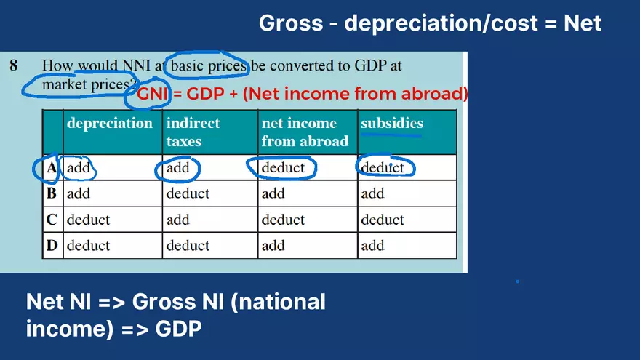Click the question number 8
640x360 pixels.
(x=14, y=65)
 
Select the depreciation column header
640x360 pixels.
(x=110, y=123)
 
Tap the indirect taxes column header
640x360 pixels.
(x=193, y=132)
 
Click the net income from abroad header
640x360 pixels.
(x=305, y=132)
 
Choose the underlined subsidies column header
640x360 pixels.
(x=391, y=123)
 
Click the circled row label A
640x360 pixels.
(x=51, y=168)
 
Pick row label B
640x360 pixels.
(x=52, y=193)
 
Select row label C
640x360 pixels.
(x=52, y=220)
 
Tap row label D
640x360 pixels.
(x=52, y=246)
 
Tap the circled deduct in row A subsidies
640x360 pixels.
(x=383, y=168)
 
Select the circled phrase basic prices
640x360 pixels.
(x=209, y=66)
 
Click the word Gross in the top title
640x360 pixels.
(x=291, y=23)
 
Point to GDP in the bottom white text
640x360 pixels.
(x=178, y=329)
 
